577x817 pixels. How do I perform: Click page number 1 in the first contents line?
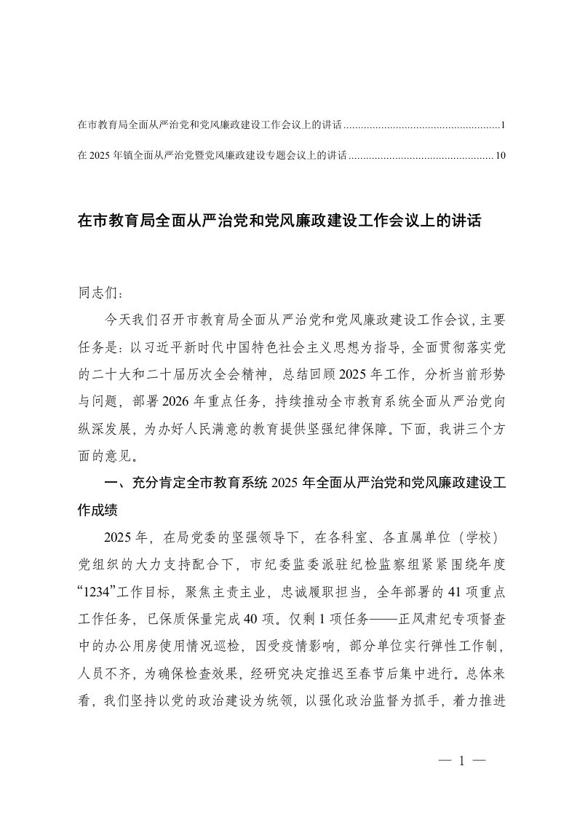(503, 125)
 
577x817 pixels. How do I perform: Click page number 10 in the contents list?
(500, 154)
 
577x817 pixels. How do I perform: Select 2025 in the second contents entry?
(100, 154)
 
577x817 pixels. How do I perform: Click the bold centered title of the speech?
(279, 220)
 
